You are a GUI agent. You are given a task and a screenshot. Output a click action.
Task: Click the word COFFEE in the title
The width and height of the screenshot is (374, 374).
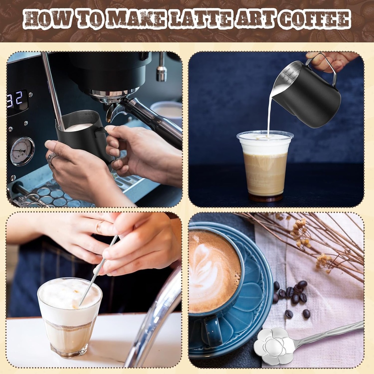tap(314, 19)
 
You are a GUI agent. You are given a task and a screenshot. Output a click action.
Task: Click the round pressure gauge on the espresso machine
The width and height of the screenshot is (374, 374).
tap(22, 151)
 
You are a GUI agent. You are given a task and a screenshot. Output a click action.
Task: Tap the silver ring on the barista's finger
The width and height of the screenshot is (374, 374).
tap(51, 159)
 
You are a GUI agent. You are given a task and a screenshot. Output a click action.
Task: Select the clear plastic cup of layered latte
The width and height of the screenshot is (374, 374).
tap(265, 166)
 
